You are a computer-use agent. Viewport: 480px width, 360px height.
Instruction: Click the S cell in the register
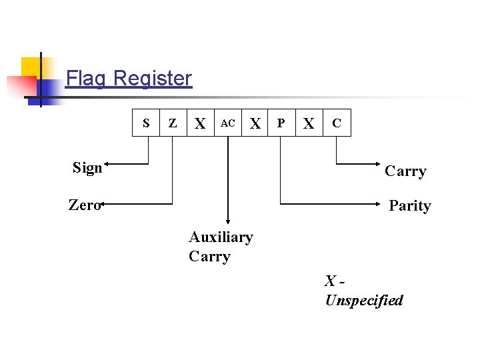146,123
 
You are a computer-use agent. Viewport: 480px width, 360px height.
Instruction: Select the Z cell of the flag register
173,123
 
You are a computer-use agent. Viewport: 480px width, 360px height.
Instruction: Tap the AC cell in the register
228,123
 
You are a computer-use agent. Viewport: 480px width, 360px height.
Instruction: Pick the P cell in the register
281,123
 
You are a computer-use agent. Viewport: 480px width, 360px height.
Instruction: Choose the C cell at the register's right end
337,123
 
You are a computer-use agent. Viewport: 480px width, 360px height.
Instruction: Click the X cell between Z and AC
199,123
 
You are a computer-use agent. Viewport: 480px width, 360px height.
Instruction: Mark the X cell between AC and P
255,123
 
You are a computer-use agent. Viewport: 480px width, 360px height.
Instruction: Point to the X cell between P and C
309,123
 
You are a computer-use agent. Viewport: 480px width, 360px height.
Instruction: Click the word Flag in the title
86,79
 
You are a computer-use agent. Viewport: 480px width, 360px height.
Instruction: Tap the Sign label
87,167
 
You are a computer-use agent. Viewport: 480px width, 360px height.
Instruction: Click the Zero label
84,205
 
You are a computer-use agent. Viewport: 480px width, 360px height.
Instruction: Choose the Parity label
409,205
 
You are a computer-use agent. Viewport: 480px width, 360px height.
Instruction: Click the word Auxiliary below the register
221,237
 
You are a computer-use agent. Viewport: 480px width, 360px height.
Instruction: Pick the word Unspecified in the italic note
364,300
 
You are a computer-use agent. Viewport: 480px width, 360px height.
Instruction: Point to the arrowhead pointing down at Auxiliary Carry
228,221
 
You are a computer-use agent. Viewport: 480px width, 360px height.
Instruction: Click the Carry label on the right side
405,171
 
